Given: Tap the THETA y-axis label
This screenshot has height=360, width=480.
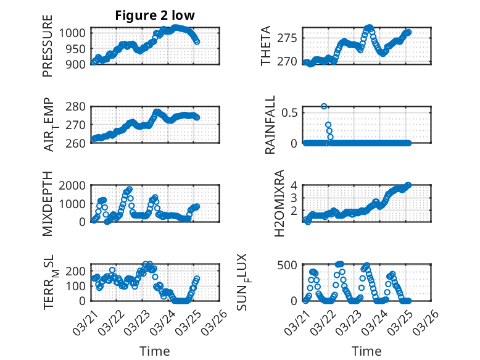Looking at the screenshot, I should point(266,46).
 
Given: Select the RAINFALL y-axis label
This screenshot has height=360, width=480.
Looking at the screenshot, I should point(270,125).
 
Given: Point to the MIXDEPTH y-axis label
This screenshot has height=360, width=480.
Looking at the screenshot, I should point(48,204).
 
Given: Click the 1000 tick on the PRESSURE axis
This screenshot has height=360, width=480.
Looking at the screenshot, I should point(76,33).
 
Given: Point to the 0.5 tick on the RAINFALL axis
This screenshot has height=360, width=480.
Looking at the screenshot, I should point(290,112).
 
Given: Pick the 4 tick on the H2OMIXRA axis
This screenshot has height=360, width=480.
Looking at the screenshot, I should point(296,185).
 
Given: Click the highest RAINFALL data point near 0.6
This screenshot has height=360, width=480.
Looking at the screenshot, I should point(324,106).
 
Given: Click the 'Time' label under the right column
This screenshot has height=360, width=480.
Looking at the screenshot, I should point(366,351).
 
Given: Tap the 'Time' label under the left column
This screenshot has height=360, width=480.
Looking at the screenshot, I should point(155,351).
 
